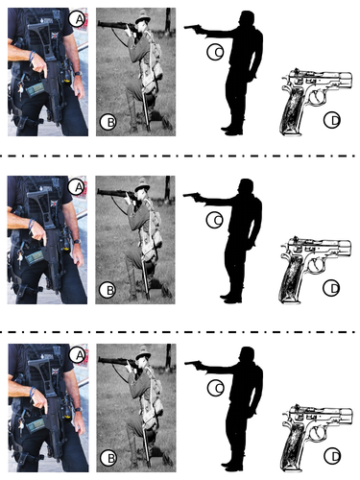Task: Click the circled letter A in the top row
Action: [x=77, y=19]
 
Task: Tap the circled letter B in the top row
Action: [x=108, y=122]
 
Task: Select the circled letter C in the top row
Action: [x=215, y=52]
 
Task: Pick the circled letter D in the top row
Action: [x=332, y=120]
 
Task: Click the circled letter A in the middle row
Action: [x=76, y=187]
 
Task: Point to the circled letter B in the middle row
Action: [x=108, y=290]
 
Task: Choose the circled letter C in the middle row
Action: [x=215, y=220]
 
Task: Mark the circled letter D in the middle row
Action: [x=331, y=288]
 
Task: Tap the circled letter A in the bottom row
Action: [x=77, y=354]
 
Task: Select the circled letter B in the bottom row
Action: [x=108, y=458]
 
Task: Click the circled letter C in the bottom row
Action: [x=216, y=388]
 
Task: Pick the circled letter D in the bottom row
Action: [x=332, y=456]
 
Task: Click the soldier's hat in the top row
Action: [x=143, y=16]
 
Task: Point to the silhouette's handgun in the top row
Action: [x=193, y=29]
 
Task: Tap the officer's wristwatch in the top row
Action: [x=78, y=74]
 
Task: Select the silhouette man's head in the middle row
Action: [x=246, y=188]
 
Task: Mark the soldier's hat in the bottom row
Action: [x=143, y=352]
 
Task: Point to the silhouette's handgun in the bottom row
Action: [x=194, y=364]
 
